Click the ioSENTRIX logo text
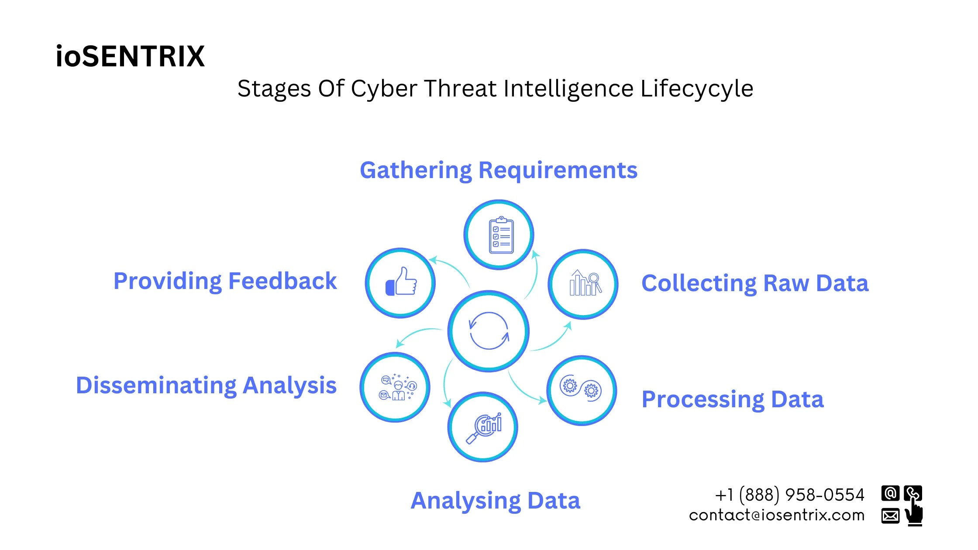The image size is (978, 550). (130, 56)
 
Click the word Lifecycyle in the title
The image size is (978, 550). (696, 89)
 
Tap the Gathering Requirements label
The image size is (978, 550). (498, 170)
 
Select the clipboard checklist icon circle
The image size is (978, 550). (499, 235)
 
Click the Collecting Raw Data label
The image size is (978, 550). (754, 283)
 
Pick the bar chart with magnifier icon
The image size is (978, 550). (583, 284)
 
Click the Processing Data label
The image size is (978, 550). (732, 399)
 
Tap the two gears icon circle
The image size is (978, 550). (581, 390)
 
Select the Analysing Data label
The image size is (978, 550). (495, 501)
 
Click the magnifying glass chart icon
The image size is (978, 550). (483, 427)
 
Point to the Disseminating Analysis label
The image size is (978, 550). (206, 385)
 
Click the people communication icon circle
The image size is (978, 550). (395, 387)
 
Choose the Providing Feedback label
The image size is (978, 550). (225, 281)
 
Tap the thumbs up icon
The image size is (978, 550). (400, 283)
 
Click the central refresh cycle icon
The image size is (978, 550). (489, 331)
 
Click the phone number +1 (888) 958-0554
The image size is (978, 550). (789, 495)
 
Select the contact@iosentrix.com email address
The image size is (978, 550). (776, 516)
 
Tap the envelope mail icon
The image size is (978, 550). (890, 516)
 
